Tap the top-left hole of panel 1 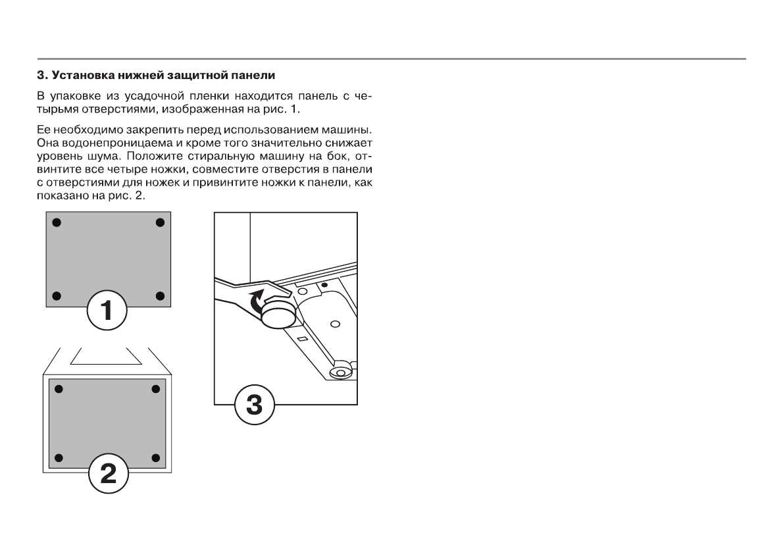57,222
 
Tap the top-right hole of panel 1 159,222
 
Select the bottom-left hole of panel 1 57,295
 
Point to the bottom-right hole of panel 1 159,295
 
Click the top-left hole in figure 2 58,389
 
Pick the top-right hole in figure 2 156,389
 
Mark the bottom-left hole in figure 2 58,457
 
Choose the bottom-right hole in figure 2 156,457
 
